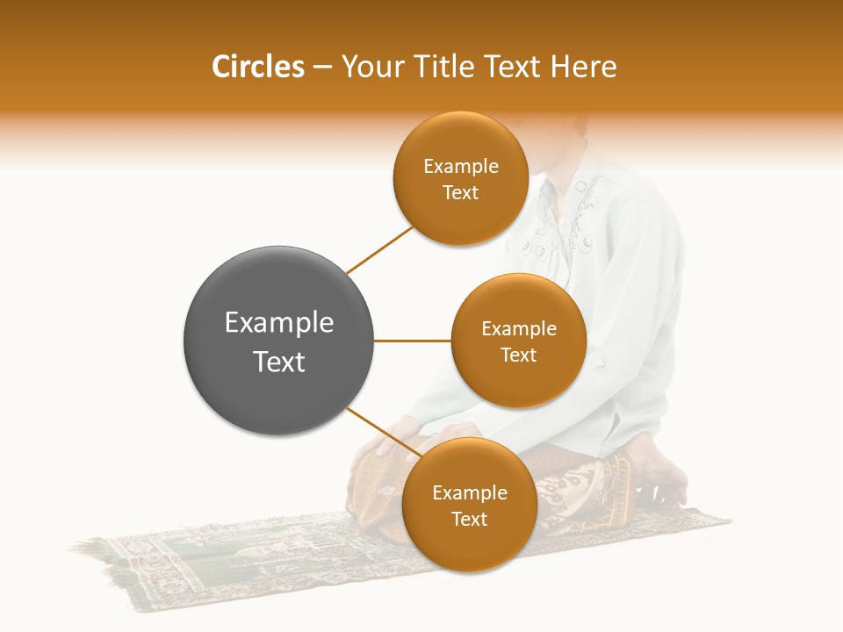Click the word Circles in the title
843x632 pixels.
257,67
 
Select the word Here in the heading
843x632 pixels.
585,67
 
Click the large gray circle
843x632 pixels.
278,341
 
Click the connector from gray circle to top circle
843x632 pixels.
379,249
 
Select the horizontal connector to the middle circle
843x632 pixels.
412,341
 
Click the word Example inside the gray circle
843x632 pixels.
278,323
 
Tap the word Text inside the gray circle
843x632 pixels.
278,362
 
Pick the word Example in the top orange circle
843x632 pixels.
460,167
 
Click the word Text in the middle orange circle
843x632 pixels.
518,355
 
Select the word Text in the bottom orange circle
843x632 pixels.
469,520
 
